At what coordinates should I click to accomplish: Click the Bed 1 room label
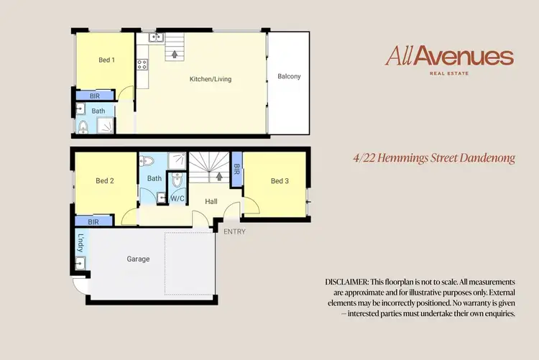click(x=106, y=60)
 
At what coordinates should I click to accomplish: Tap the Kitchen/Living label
click(x=210, y=78)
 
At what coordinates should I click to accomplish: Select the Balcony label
click(x=289, y=77)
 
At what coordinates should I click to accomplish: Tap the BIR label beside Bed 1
click(x=95, y=96)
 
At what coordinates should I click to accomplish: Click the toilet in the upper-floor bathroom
click(x=83, y=127)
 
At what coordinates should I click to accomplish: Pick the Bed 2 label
click(x=105, y=181)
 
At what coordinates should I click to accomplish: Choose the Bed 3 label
click(x=280, y=181)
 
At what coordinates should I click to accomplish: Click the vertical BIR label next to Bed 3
click(x=237, y=170)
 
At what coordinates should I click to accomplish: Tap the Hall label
click(x=211, y=202)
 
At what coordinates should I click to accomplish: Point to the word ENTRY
click(x=234, y=231)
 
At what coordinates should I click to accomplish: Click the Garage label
click(x=138, y=259)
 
